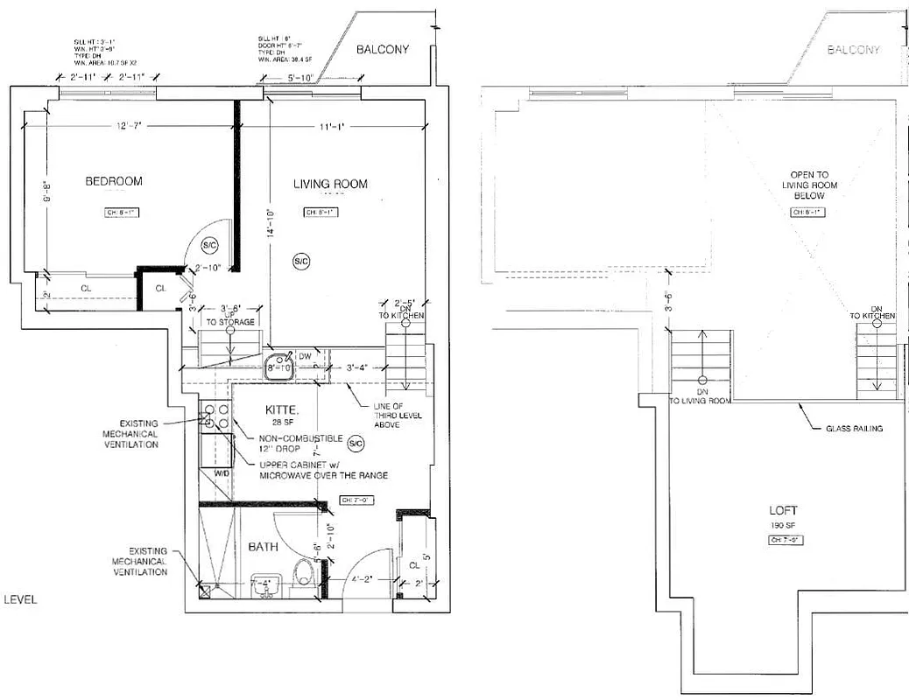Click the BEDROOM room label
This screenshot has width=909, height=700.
point(113,181)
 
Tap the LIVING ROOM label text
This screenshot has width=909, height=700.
point(330,184)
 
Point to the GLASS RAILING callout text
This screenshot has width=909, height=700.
point(853,429)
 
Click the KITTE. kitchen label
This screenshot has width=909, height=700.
point(284,409)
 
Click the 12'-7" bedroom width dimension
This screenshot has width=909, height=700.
point(127,127)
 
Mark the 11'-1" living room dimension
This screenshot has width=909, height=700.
point(332,127)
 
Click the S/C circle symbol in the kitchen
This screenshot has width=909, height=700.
point(355,444)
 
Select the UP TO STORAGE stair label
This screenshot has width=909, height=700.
point(231,317)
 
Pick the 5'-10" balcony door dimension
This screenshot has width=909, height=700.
point(301,79)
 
